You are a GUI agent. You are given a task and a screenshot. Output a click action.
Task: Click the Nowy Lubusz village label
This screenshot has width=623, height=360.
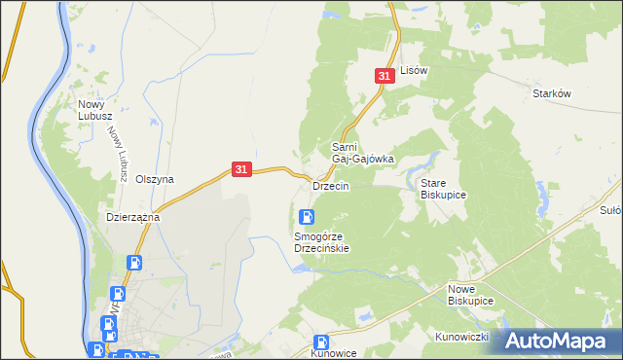pos(97,108)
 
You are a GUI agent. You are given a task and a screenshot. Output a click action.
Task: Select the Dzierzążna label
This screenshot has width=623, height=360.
pos(132,218)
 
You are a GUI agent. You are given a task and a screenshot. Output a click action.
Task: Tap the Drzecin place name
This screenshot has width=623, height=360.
pos(330,185)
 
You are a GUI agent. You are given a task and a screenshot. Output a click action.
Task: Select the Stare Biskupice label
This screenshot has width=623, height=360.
pos(443,189)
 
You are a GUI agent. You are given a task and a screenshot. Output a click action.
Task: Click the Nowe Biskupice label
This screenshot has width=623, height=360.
pos(471,296)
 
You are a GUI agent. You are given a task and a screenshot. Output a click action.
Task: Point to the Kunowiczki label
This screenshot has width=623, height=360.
pos(460,337)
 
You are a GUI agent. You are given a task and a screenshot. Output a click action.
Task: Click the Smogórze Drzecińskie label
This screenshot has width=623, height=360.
pos(321,242)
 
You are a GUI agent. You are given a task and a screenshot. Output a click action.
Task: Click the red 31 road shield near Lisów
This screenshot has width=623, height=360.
pos(385,75)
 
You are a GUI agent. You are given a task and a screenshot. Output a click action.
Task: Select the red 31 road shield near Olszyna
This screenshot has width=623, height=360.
pos(242,169)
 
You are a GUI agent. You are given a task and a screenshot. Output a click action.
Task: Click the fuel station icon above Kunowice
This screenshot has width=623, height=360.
pos(321,342)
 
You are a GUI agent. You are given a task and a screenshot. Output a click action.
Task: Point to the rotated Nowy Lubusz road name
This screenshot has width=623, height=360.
pos(119,154)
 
